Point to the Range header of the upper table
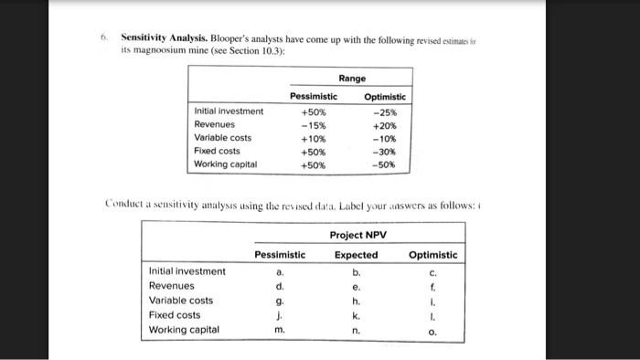pos(351,79)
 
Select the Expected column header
pos(356,255)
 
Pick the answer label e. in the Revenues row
pos(356,285)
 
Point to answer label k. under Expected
pos(356,314)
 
